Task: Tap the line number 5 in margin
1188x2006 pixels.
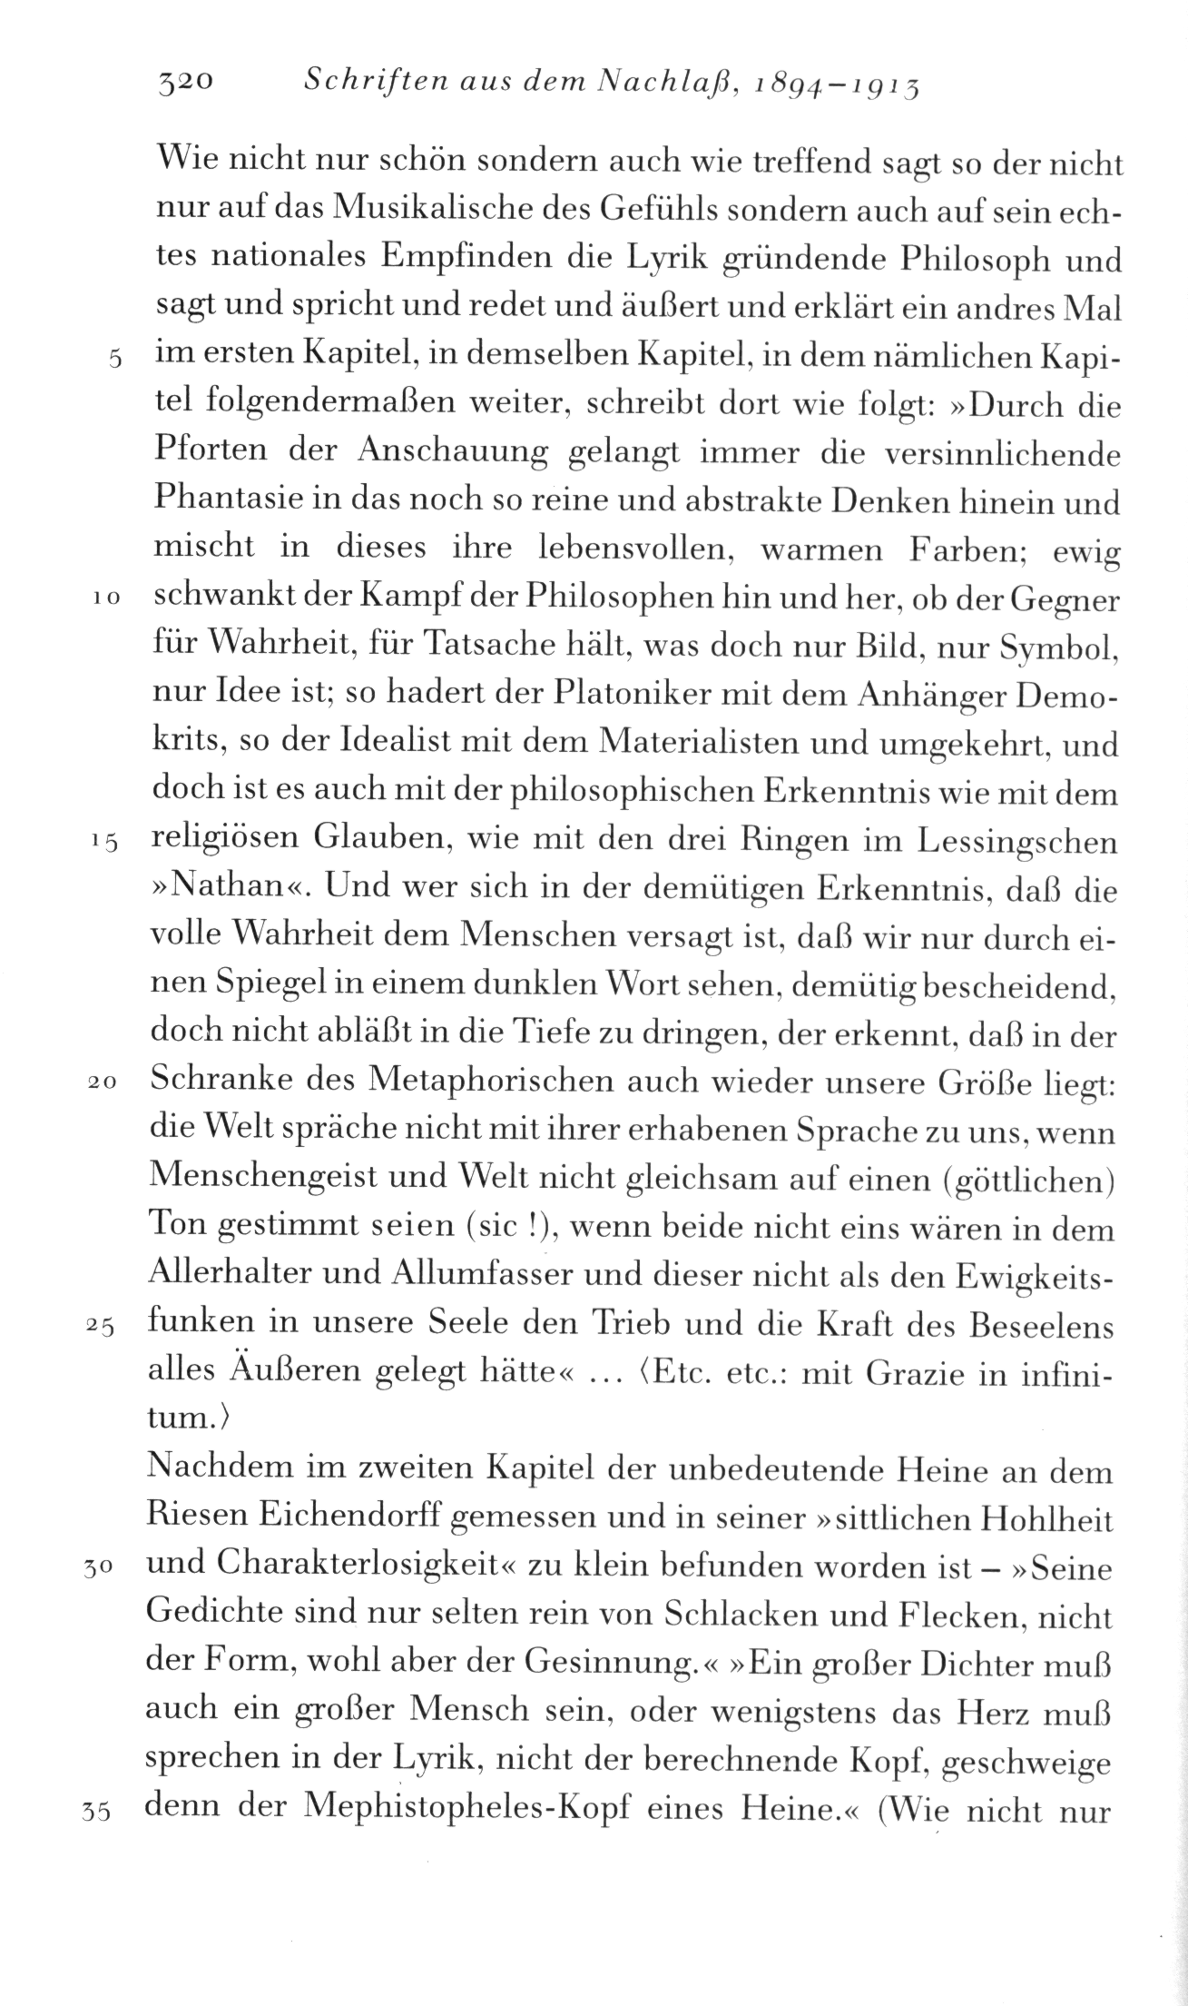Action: [x=114, y=358]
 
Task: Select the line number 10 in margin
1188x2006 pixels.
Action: [x=108, y=599]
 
